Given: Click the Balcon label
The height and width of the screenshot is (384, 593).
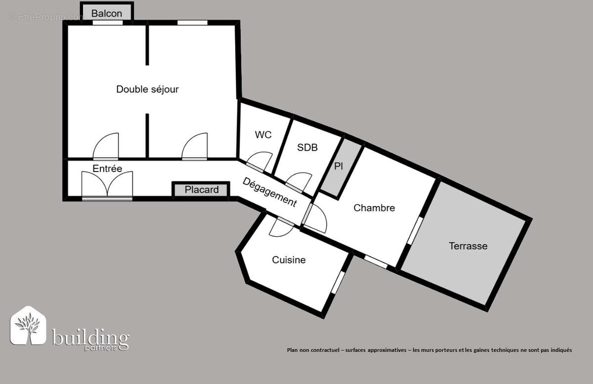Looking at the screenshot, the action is pos(107,13).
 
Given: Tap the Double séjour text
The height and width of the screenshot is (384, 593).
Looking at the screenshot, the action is pos(147,89).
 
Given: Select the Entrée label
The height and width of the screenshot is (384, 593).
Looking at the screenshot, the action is pos(107,169).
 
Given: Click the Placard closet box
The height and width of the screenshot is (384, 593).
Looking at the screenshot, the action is pos(201,190).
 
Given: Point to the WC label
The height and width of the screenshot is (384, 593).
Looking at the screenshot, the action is pos(263,135).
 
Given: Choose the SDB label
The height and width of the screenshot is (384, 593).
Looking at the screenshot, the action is pos(307,147).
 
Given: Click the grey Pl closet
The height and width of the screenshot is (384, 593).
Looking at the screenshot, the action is pos(341,169).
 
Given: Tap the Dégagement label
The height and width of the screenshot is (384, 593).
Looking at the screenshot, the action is pos(269,192).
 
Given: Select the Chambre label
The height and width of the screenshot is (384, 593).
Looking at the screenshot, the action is pos(374,208).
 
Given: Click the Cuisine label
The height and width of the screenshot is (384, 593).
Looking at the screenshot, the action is pos(289,260).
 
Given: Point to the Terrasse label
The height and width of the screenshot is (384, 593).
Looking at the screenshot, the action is pos(468,246).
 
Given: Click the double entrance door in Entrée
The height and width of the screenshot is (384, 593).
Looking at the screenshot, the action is pos(107,186).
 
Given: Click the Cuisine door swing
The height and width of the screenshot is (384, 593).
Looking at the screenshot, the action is pos(281,227).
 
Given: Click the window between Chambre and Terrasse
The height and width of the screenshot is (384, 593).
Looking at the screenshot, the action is pos(415,230).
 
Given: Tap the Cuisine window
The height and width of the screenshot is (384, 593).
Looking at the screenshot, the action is pos(339,282).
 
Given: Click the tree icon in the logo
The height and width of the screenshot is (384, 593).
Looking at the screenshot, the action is pos(28,326).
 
